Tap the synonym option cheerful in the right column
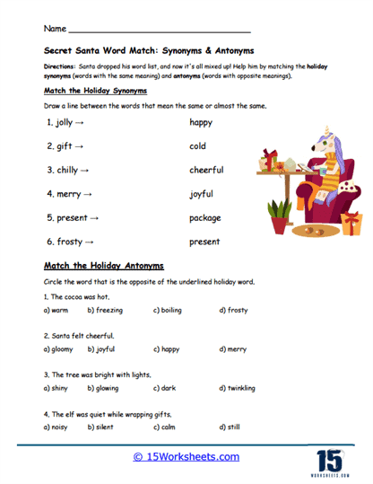point(206,170)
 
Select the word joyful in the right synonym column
point(202,194)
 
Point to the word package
point(204,218)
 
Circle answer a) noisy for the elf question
point(57,427)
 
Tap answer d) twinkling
point(237,389)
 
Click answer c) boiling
point(168,311)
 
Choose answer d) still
point(230,427)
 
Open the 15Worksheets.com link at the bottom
point(186,457)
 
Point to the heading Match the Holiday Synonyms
point(96,92)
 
